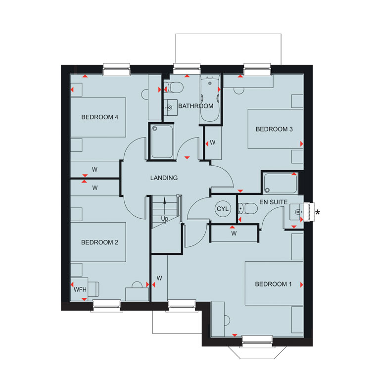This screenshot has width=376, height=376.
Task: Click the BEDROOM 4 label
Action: click(x=100, y=117)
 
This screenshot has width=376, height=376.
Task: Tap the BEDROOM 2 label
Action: click(x=100, y=242)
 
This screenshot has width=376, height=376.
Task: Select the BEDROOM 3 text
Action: click(x=274, y=129)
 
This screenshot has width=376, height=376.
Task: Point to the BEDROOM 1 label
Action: click(x=274, y=284)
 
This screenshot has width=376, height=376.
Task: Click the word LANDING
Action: click(x=164, y=178)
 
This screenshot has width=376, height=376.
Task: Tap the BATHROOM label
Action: click(x=196, y=106)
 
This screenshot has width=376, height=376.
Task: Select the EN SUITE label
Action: click(x=274, y=202)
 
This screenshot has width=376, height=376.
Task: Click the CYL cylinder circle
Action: click(x=223, y=209)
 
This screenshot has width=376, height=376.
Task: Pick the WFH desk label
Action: click(x=80, y=290)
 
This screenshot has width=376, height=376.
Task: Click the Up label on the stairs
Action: click(x=164, y=219)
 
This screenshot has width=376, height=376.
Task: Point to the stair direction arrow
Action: click(x=164, y=207)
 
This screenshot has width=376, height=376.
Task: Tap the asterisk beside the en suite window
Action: click(x=318, y=212)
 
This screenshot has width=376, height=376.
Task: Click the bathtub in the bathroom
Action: click(x=210, y=99)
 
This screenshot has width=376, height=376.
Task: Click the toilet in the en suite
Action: click(x=248, y=209)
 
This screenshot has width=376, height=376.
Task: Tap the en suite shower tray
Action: click(x=281, y=184)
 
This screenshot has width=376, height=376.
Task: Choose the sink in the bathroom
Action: click(x=171, y=108)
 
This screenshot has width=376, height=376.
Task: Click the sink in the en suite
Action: click(x=297, y=212)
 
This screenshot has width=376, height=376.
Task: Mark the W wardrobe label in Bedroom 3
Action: click(x=212, y=142)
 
